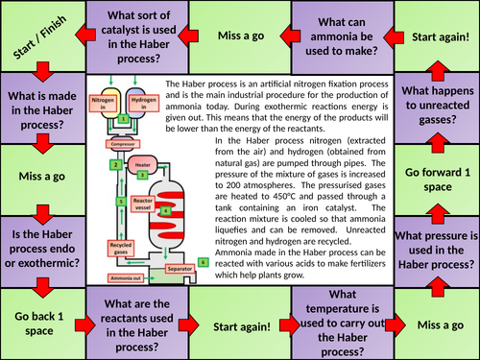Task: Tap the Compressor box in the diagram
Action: tap(123, 144)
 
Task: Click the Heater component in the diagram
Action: tap(142, 166)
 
